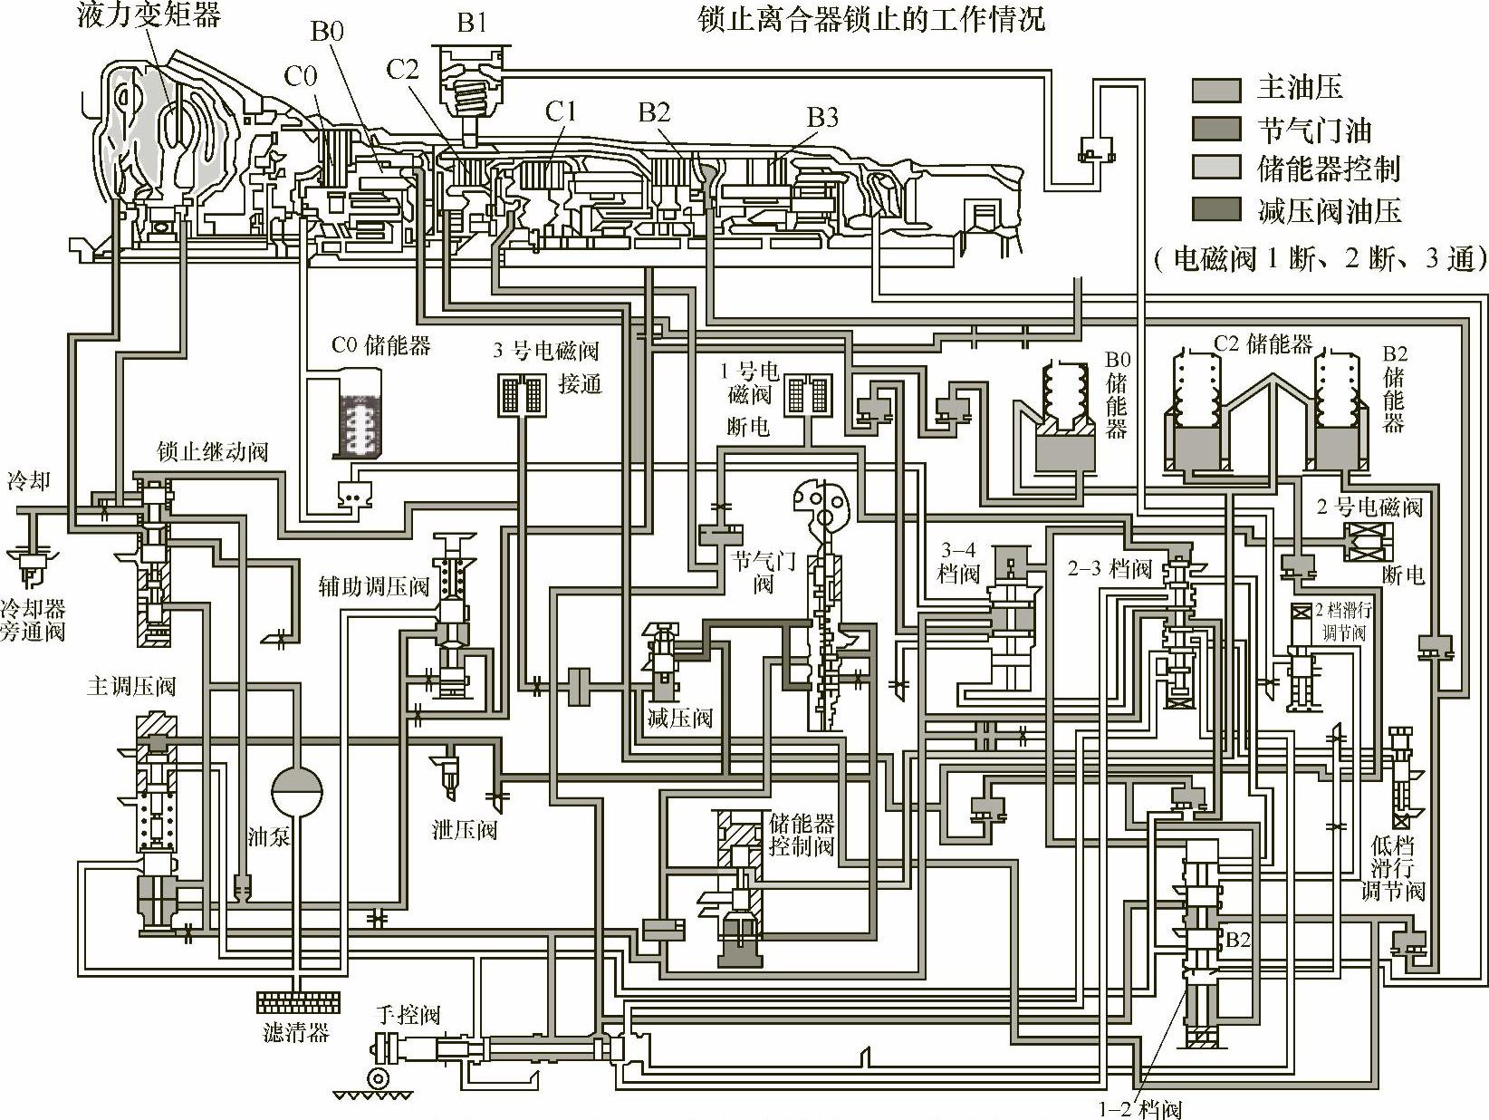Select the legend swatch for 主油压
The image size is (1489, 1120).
(x=1215, y=89)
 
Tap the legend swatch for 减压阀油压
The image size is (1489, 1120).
(x=1215, y=209)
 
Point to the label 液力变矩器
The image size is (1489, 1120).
(x=148, y=14)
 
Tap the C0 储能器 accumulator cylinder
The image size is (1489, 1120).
(x=360, y=418)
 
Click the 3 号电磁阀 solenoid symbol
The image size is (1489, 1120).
(x=521, y=394)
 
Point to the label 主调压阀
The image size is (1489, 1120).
(x=130, y=686)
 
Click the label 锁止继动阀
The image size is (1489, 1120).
(x=212, y=450)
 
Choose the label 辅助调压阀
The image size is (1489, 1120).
(x=373, y=586)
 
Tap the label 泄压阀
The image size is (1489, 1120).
(x=465, y=829)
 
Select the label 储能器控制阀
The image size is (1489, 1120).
(x=802, y=835)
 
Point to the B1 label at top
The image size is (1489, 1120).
(x=472, y=22)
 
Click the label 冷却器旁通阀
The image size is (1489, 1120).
(x=33, y=619)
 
